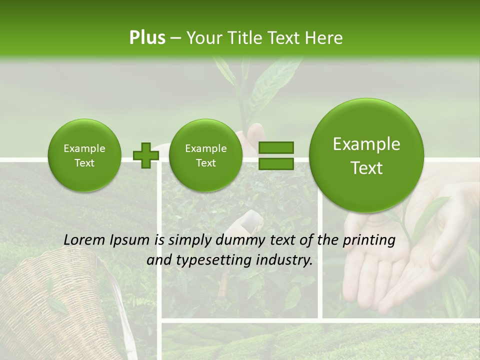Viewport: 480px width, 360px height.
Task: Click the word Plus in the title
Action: coord(147,37)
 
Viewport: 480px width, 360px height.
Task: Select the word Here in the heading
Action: coord(325,37)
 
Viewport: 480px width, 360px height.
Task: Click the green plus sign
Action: coord(145,155)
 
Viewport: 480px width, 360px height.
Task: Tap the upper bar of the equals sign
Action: coord(275,148)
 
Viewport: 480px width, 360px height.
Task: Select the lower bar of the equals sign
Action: coord(275,163)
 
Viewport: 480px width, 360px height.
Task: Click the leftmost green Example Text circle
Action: coord(84,155)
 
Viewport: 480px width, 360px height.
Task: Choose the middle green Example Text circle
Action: coord(205,155)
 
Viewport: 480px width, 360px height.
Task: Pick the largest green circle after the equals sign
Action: coord(366,156)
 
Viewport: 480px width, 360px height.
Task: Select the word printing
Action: coord(368,240)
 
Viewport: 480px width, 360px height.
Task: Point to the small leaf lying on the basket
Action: coord(57,304)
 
